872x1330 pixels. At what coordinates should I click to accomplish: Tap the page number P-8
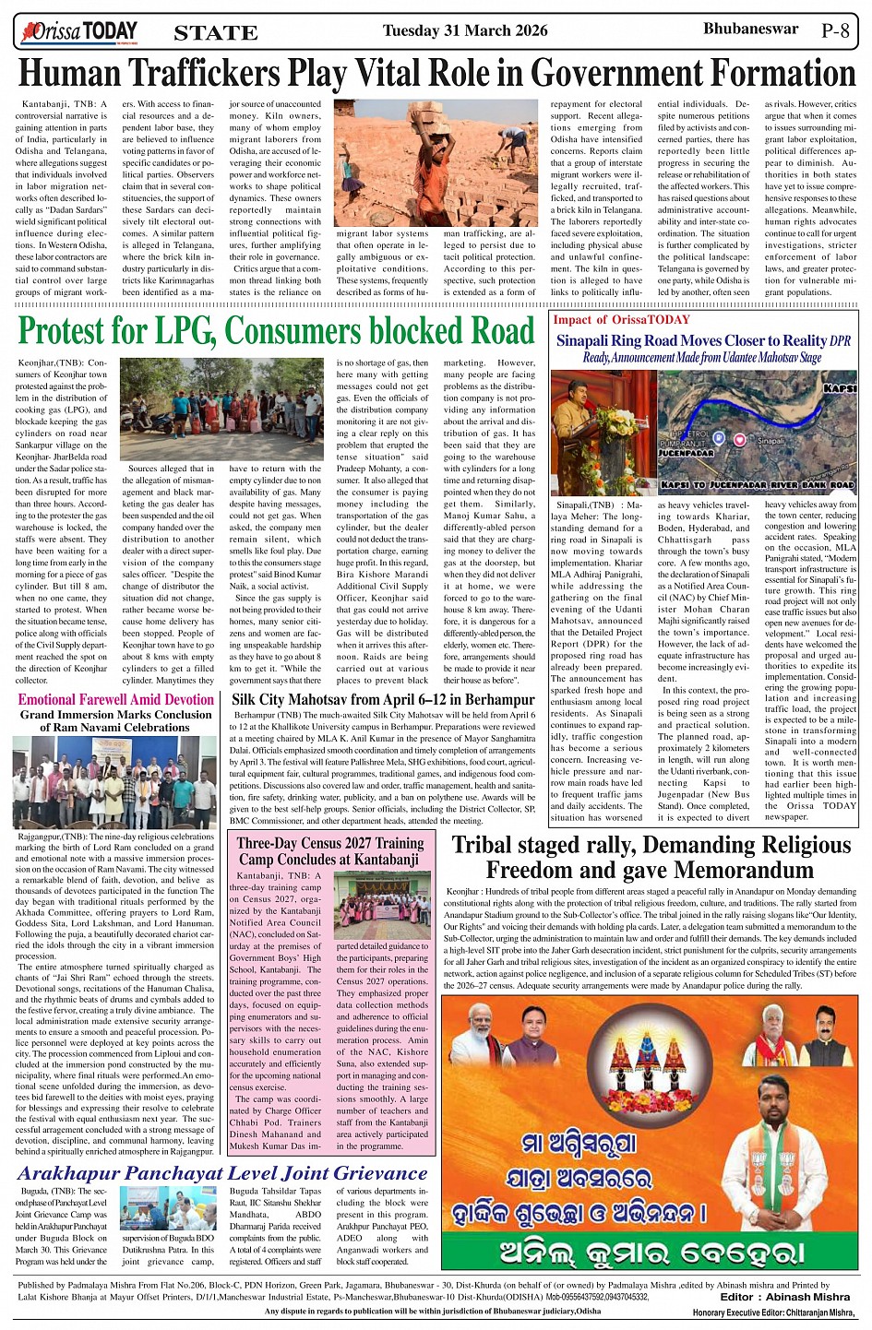(x=834, y=30)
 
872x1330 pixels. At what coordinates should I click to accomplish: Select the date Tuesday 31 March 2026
(x=465, y=30)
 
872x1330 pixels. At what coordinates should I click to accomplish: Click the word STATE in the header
(x=216, y=33)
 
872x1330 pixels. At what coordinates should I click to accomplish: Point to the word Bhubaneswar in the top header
(x=750, y=29)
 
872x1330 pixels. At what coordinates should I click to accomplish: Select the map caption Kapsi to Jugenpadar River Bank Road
(x=758, y=484)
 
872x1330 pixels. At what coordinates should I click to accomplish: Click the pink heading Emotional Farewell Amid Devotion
(x=116, y=699)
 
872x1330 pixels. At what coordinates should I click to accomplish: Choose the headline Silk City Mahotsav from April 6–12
(x=383, y=699)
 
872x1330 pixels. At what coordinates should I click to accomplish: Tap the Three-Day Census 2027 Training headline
(x=329, y=842)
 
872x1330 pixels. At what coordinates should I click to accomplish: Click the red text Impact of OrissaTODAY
(x=621, y=319)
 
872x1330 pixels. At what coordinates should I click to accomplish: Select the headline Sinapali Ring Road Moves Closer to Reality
(x=692, y=340)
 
